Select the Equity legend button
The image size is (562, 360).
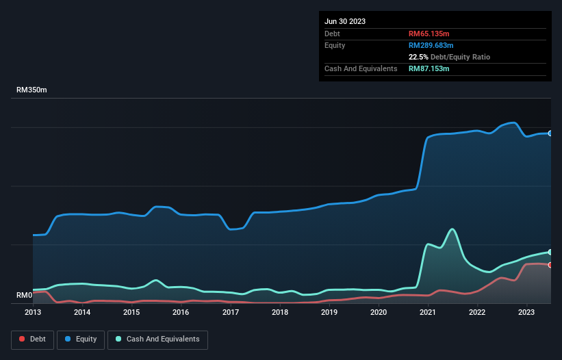(x=81, y=339)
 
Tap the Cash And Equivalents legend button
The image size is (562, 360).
(x=157, y=339)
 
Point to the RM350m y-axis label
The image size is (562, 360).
(x=31, y=90)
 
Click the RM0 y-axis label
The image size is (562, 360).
(x=25, y=296)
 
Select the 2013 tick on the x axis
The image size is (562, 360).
(x=33, y=312)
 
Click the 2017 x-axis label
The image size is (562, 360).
(x=231, y=312)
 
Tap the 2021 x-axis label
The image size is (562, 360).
(x=428, y=312)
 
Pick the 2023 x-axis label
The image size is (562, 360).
(x=526, y=312)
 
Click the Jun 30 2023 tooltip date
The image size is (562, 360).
(x=345, y=21)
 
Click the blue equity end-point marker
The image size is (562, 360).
(x=550, y=133)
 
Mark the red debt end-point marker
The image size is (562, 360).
(x=550, y=265)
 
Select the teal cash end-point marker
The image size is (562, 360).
(x=550, y=252)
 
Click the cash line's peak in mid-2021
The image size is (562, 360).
(x=452, y=229)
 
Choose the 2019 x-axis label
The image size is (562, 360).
(x=329, y=312)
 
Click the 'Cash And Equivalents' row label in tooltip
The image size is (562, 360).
(x=361, y=68)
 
